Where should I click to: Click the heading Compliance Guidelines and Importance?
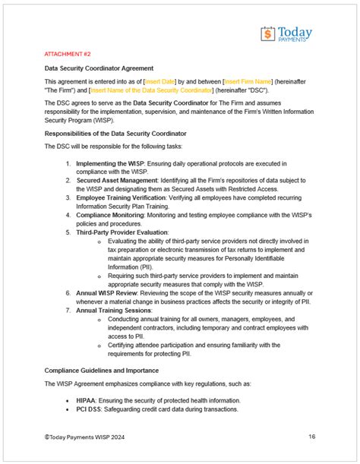(x=112, y=369)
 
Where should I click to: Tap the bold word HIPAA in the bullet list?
(x=87, y=399)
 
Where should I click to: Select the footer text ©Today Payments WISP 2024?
(x=85, y=437)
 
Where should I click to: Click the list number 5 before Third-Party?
(x=68, y=232)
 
